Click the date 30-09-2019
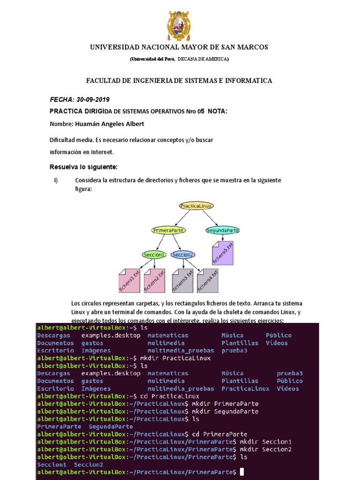(97, 100)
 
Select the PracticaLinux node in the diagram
(196, 206)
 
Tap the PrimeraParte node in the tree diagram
(168, 230)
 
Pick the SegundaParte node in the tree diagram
(223, 230)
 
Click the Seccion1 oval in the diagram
(154, 255)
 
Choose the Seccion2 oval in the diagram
(183, 255)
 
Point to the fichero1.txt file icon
(129, 280)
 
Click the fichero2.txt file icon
(155, 280)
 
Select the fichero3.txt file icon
(183, 280)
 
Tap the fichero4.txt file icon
(208, 280)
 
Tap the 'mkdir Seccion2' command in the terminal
(265, 449)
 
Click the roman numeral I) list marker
(56, 180)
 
